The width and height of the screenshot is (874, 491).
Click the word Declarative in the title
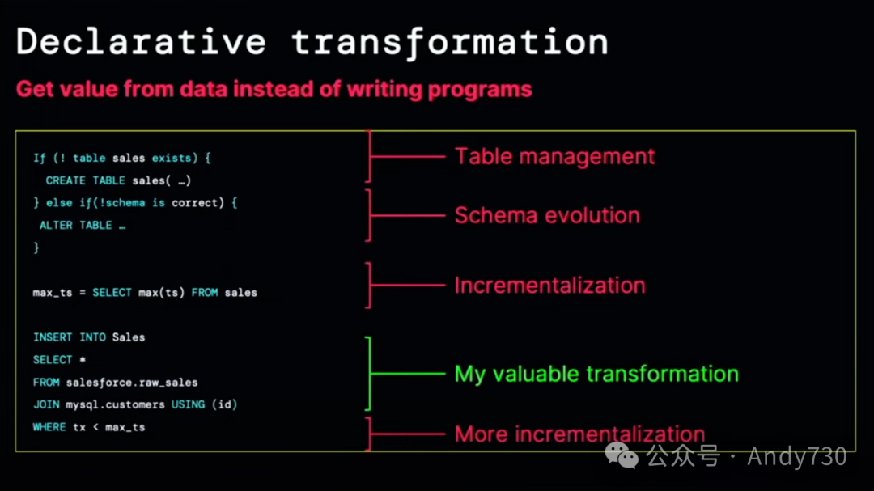click(142, 42)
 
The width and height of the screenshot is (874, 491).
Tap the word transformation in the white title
click(450, 42)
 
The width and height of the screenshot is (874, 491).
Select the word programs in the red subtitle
click(480, 90)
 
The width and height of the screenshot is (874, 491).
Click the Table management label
click(554, 157)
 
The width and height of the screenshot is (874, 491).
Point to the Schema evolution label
click(547, 216)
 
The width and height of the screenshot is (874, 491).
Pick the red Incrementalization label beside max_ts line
click(549, 286)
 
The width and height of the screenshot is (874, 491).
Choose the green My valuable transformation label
click(596, 374)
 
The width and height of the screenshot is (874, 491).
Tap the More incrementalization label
click(579, 434)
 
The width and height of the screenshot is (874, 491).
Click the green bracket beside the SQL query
click(369, 374)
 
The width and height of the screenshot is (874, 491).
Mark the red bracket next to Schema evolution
click(369, 215)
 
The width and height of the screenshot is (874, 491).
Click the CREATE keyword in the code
click(66, 180)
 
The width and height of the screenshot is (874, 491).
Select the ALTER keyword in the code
click(56, 225)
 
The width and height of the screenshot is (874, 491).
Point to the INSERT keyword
click(53, 337)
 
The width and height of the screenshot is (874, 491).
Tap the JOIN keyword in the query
click(46, 404)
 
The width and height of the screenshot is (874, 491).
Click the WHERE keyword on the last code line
click(49, 427)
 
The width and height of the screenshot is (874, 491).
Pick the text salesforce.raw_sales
click(132, 383)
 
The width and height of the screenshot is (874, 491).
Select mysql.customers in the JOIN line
click(116, 404)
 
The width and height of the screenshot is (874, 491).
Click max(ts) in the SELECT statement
click(161, 293)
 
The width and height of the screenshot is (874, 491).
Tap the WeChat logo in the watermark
click(622, 456)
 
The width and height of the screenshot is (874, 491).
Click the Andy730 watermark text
click(797, 456)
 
